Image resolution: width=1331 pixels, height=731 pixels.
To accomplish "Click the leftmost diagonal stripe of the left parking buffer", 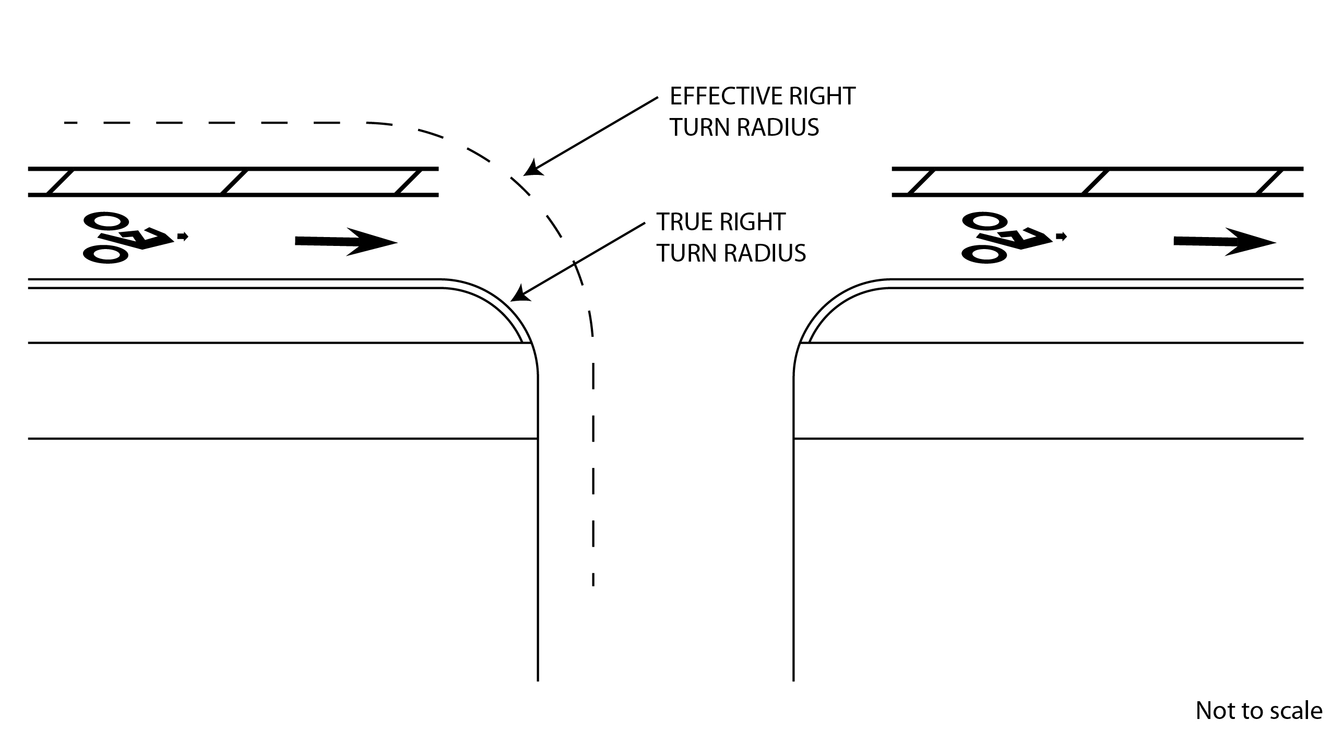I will point(61,182).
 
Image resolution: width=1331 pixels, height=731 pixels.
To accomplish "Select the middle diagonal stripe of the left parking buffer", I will point(234,182).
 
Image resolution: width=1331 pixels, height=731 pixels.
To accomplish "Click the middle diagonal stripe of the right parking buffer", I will point(1096,182).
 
